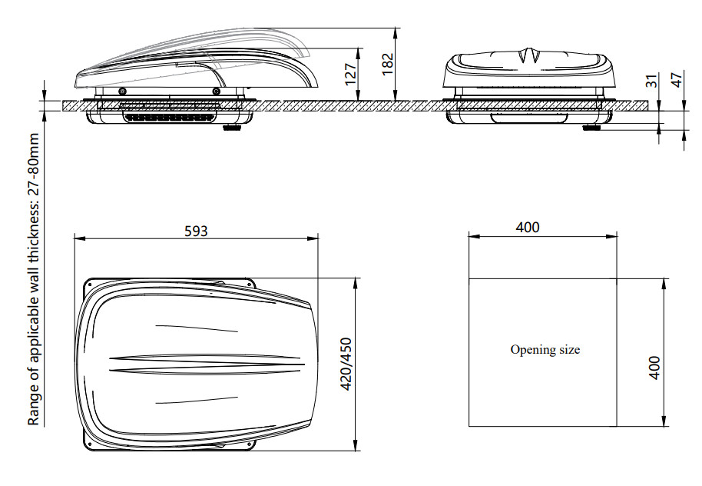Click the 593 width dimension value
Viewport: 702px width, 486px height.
pos(196,231)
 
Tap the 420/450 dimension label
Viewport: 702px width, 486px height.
pos(347,364)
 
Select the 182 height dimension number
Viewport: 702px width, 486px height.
pos(387,64)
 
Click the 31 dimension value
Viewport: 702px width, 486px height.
pos(653,81)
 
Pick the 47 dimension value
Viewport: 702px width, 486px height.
pos(678,79)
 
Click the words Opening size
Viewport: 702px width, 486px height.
pos(545,350)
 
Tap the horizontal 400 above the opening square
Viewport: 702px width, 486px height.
pos(528,228)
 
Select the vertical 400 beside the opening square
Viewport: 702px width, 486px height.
pos(654,368)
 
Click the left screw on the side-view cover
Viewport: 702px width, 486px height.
pos(122,92)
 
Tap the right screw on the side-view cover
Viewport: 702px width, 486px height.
pos(217,92)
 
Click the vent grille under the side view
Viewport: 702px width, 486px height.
pos(169,118)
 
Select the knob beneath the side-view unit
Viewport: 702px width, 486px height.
pos(231,128)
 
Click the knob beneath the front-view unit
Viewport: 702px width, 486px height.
pos(591,128)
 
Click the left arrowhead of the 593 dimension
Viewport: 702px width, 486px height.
pos(79,238)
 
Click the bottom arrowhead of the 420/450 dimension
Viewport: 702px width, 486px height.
pos(356,444)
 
